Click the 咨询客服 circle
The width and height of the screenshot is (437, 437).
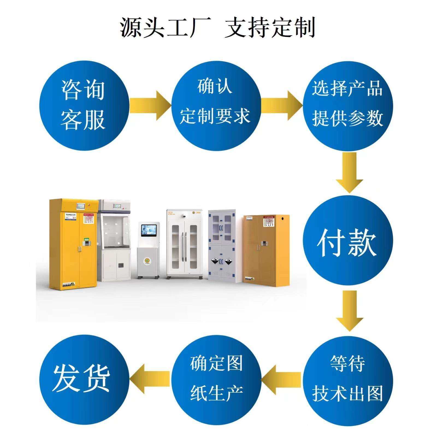[x=84, y=105]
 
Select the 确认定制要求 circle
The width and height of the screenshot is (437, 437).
[x=216, y=105]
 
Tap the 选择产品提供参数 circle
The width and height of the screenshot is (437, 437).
[x=347, y=105]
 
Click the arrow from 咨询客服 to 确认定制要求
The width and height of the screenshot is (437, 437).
[x=150, y=105]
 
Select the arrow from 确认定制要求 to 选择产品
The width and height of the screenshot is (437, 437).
[x=281, y=105]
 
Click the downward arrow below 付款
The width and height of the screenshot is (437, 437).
[x=349, y=310]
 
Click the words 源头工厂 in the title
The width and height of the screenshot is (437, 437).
[x=166, y=27]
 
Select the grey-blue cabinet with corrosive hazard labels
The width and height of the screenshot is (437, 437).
[x=222, y=244]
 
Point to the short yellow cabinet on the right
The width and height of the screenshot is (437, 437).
[x=266, y=250]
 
